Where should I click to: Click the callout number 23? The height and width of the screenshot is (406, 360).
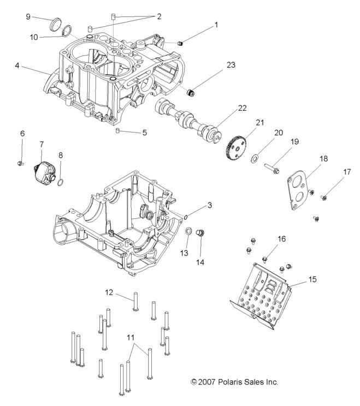pyautogui.click(x=231, y=65)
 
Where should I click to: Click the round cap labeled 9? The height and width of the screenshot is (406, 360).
pyautogui.click(x=56, y=25)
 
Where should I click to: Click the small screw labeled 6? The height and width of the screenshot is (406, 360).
pyautogui.click(x=21, y=162)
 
